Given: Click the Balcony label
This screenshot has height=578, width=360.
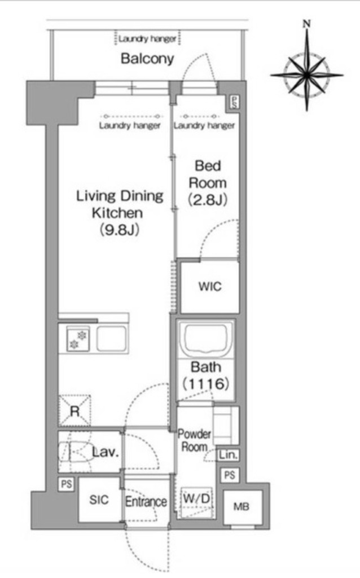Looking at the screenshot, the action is (147, 59).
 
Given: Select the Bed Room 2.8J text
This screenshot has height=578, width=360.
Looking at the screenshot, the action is (208, 183).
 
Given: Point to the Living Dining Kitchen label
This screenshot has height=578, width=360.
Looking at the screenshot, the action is (120, 213).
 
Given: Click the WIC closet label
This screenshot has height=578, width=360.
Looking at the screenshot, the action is (210, 286).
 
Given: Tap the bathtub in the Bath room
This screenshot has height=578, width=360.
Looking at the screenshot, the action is (206, 339).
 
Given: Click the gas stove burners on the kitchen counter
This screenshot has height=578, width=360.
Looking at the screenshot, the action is (78, 339).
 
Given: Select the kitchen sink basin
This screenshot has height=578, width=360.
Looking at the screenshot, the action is (112, 338).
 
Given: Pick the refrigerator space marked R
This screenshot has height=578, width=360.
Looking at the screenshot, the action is (74, 411).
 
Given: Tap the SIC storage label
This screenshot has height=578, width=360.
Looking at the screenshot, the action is (99, 500).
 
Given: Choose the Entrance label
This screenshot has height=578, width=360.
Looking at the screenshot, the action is (146, 501).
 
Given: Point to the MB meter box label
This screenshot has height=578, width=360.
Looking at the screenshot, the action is (242, 507).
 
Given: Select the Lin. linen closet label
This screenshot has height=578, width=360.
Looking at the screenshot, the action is (228, 456).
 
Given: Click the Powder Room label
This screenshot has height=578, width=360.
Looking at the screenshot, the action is (194, 440).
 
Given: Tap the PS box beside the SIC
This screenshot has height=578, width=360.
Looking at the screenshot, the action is (67, 484).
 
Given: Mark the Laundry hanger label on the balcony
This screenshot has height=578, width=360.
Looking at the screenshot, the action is (147, 39).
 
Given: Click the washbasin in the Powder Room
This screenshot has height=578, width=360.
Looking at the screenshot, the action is (226, 425).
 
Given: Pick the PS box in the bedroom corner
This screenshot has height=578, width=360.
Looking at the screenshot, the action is (235, 102).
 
